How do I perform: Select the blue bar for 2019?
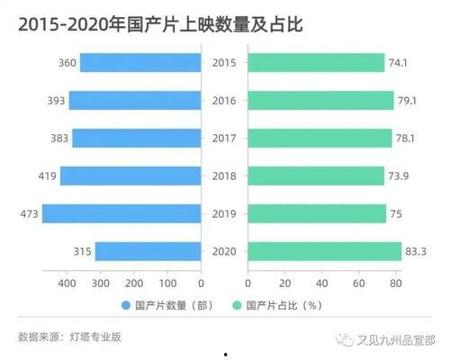pos(121,213)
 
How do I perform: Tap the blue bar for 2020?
pos(148,251)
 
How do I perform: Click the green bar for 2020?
pos(324,251)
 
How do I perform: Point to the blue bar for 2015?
pos(139,62)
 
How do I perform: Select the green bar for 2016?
pos(321,100)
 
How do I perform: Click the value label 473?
pos(27,213)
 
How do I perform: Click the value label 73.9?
pos(399,175)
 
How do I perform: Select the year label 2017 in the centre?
pos(223,138)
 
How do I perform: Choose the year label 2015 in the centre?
pos(223,62)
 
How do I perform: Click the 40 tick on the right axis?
pos(321,283)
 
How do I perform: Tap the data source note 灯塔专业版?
pos(94,337)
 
